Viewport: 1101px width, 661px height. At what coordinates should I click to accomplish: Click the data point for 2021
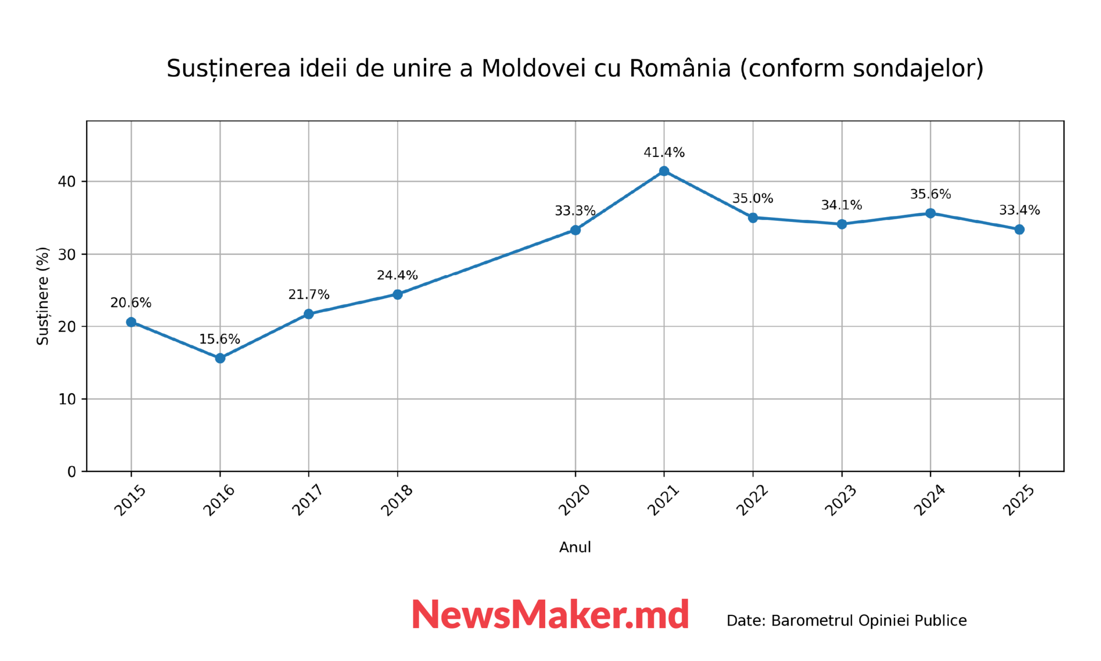point(664,171)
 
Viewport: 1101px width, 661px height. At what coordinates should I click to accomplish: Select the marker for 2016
point(220,358)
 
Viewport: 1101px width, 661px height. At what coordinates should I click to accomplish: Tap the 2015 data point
point(131,322)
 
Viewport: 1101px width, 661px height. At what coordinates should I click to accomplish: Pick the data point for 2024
point(931,213)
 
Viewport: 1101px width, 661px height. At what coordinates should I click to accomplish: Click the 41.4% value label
point(664,153)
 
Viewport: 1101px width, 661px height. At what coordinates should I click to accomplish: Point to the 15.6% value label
point(219,339)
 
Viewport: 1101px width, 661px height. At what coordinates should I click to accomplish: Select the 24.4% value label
point(397,275)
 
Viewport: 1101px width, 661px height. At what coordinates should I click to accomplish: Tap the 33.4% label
point(1019,210)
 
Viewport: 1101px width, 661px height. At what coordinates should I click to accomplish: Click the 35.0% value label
point(753,198)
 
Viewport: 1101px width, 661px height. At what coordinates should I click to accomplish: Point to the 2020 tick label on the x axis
point(575,500)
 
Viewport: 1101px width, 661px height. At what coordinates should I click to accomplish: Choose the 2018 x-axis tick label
point(397,500)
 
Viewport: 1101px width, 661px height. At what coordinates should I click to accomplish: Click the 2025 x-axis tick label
point(1019,500)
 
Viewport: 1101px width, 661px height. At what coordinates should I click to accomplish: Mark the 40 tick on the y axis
point(67,182)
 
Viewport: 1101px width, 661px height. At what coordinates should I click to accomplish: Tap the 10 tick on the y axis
point(67,399)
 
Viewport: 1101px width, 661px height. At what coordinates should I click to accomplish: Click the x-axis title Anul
point(575,547)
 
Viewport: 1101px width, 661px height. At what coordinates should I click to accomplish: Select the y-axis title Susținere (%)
point(43,296)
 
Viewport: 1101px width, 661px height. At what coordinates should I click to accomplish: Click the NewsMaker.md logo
point(550,614)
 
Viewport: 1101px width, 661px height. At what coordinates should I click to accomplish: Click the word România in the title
point(680,68)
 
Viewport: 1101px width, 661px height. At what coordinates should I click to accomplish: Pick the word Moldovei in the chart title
point(533,69)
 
